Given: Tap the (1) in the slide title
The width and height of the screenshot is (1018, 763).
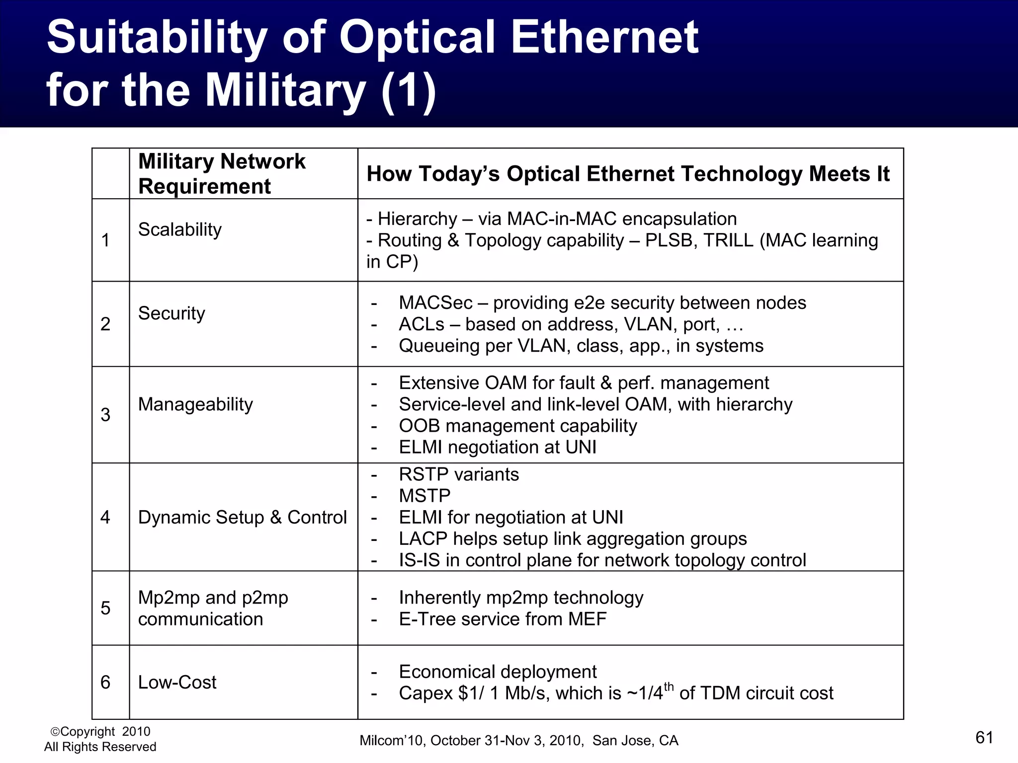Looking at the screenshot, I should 409,90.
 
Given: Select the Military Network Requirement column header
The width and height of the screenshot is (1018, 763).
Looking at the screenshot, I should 222,173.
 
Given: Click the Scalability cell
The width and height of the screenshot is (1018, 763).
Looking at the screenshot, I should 180,229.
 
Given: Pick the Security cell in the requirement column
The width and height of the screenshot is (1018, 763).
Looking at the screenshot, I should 171,313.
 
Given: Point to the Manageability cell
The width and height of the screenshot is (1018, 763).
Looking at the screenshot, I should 195,404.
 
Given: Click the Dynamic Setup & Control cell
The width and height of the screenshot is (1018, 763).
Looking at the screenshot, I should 242,517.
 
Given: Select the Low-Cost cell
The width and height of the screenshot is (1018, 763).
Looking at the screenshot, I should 177,682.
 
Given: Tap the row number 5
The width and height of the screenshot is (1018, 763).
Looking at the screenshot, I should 105,608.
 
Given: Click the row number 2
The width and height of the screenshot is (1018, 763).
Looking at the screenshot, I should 105,324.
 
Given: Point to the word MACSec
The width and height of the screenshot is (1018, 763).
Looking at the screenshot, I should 435,303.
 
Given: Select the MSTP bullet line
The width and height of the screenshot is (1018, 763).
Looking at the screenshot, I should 424,496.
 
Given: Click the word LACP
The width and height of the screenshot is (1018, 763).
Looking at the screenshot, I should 423,538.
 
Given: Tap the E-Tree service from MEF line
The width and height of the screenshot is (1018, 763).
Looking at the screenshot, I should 502,619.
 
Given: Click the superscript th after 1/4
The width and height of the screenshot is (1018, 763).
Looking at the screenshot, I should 669,687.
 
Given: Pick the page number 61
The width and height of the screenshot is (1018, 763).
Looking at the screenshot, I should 984,738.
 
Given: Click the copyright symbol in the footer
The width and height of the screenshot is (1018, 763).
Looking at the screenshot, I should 55,732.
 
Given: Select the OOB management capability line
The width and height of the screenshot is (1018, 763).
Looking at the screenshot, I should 517,426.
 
